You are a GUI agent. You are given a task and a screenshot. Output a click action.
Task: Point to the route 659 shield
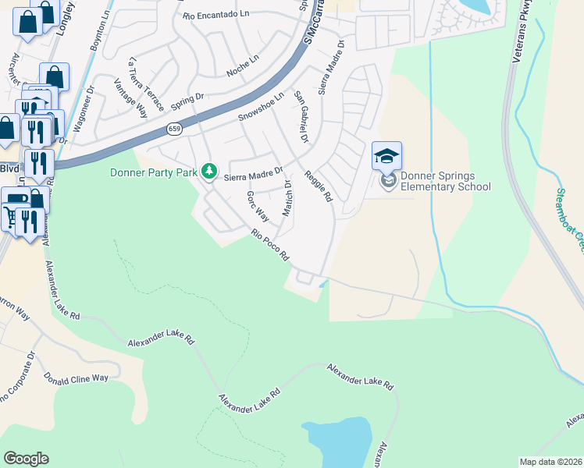coord(173,128)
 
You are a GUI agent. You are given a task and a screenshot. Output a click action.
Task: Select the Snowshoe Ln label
coord(258,112)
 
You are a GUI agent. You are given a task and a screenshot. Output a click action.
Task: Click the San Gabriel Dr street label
coord(301,117)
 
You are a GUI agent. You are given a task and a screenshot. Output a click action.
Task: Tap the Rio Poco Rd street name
coord(270,244)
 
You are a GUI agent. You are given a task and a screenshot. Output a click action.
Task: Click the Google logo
coord(26,459)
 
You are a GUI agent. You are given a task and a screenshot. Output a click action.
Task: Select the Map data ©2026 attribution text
coord(550,462)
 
